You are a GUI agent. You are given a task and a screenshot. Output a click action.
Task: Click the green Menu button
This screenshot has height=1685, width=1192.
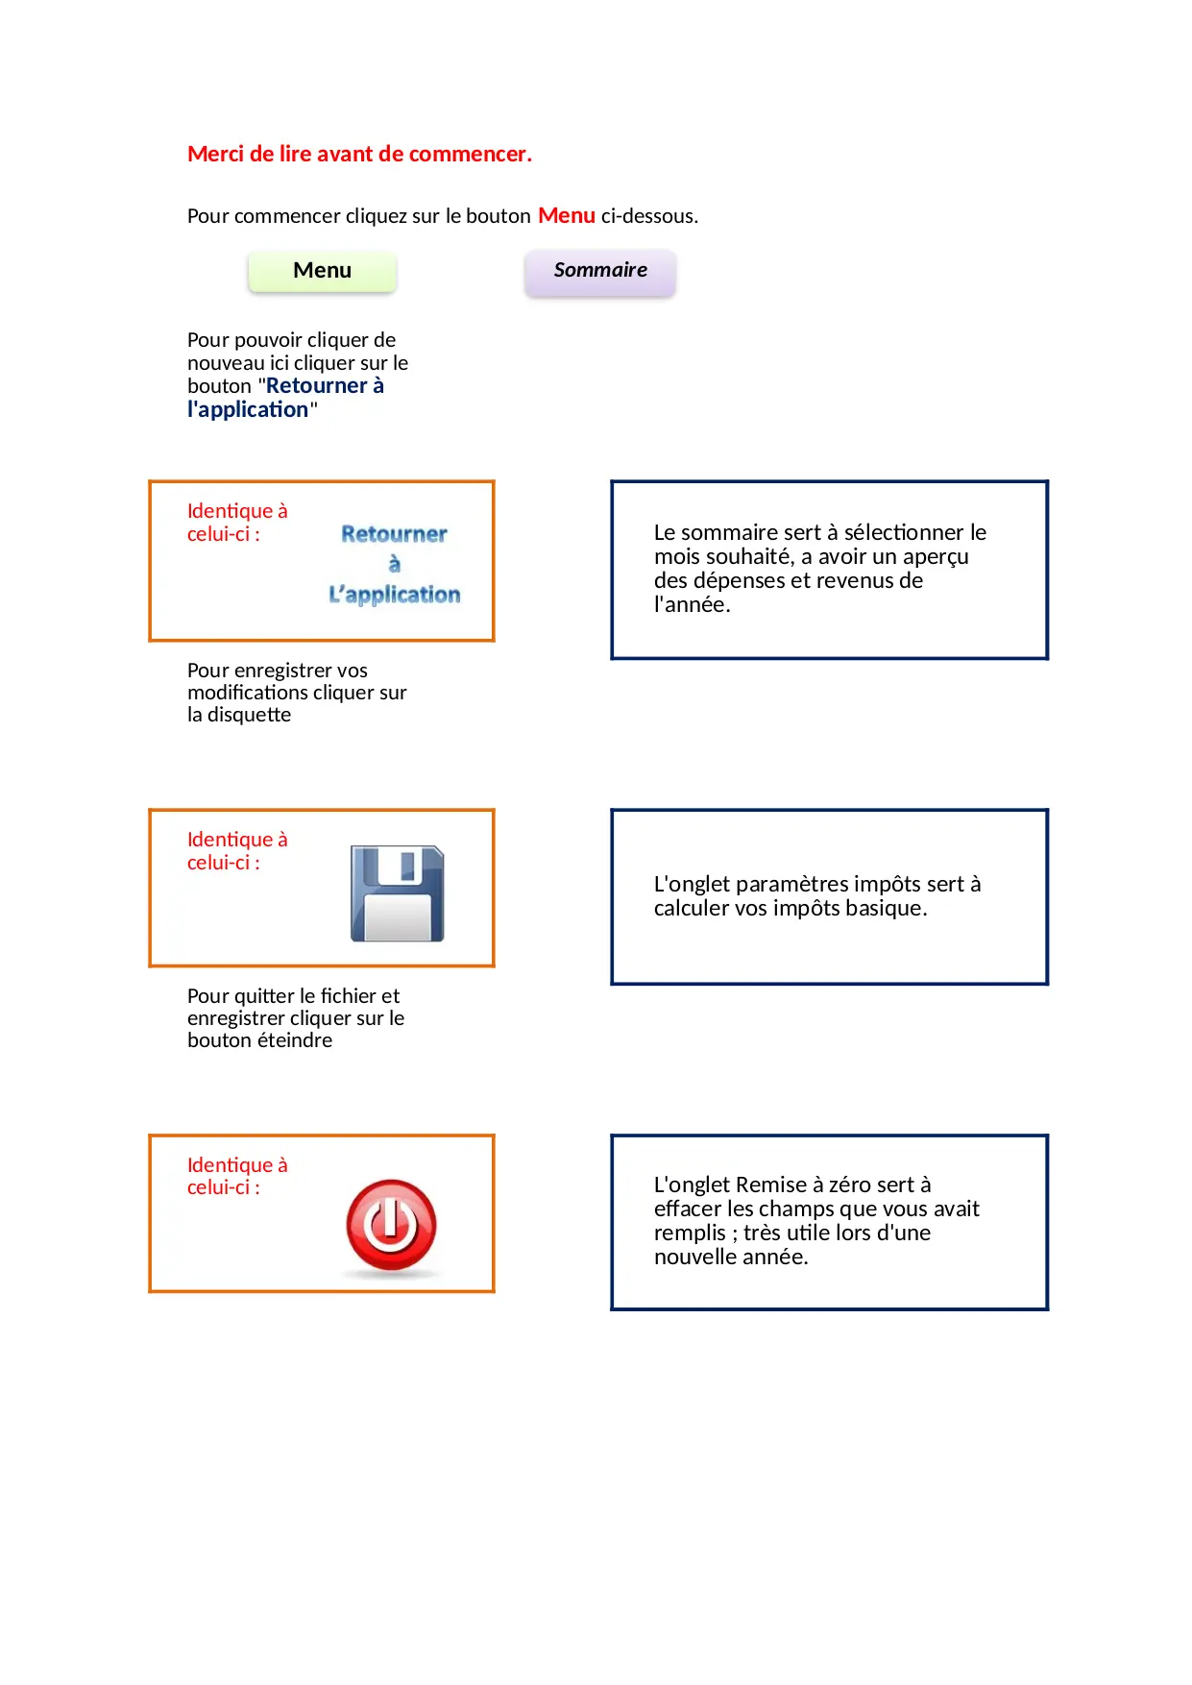[322, 271]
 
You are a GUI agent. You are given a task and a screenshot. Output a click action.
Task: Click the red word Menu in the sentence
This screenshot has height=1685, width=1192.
[566, 215]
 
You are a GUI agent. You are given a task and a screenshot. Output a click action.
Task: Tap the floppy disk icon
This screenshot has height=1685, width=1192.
[397, 893]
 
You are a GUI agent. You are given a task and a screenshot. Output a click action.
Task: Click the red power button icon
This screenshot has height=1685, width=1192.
[391, 1226]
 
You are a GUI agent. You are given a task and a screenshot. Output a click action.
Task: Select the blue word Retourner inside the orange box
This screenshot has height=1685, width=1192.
[394, 534]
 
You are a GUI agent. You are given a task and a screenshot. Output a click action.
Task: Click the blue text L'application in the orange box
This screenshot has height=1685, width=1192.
[394, 595]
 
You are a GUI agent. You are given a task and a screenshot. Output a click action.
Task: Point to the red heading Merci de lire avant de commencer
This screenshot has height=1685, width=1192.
[359, 154]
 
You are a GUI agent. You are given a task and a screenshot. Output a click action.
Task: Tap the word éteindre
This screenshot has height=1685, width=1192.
[295, 1040]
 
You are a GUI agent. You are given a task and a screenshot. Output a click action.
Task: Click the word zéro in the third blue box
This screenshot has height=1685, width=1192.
[850, 1184]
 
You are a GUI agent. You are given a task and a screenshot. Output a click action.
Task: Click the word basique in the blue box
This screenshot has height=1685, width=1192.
[885, 908]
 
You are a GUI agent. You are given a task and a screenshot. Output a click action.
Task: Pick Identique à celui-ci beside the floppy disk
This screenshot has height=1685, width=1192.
[236, 851]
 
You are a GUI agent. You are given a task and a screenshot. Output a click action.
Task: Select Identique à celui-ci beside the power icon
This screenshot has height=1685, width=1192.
[236, 1176]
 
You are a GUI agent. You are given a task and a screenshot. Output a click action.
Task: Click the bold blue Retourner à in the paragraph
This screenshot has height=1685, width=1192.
[325, 386]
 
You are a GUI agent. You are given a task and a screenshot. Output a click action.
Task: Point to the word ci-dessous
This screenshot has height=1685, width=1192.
[648, 216]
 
